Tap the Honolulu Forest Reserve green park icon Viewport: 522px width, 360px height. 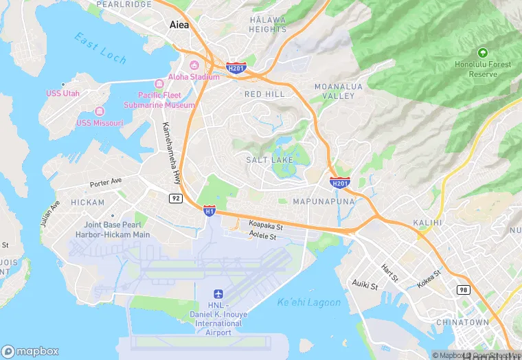[x=482, y=52]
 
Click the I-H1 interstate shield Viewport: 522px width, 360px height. [x=209, y=210]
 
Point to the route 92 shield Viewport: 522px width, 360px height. [x=176, y=198]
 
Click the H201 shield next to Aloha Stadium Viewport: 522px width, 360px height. [x=236, y=67]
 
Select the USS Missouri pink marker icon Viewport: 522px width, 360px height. [x=100, y=111]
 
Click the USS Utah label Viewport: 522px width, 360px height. [x=63, y=93]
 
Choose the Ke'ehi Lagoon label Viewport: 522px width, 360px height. [x=308, y=302]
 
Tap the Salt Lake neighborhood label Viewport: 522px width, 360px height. [x=269, y=159]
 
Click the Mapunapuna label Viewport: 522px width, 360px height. [x=323, y=202]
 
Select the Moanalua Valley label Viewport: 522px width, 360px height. [x=335, y=91]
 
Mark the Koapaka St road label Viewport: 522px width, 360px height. [x=266, y=225]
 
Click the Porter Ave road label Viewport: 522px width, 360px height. [x=105, y=183]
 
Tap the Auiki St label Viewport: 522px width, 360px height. [x=365, y=284]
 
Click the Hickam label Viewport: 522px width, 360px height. [x=88, y=203]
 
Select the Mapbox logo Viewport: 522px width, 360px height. [x=30, y=351]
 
